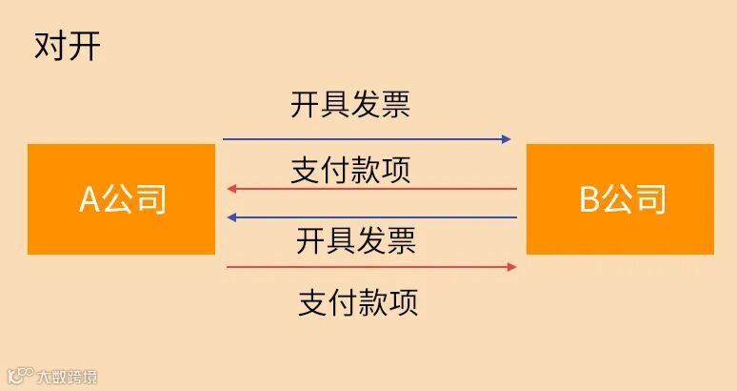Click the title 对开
(67, 47)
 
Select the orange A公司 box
(122, 199)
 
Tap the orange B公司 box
(620, 199)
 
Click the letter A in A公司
(89, 200)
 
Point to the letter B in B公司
(589, 200)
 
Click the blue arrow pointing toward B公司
(367, 139)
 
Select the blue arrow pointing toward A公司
(371, 217)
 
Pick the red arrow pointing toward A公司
(371, 189)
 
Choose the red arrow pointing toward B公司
(371, 267)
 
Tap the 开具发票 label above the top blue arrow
(350, 104)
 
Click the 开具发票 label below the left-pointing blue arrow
(356, 240)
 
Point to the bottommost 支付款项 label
(358, 302)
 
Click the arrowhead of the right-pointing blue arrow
(507, 139)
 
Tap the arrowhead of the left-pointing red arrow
(231, 189)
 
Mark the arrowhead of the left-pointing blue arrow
(231, 217)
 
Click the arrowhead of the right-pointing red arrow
(511, 267)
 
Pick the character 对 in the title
(50, 47)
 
